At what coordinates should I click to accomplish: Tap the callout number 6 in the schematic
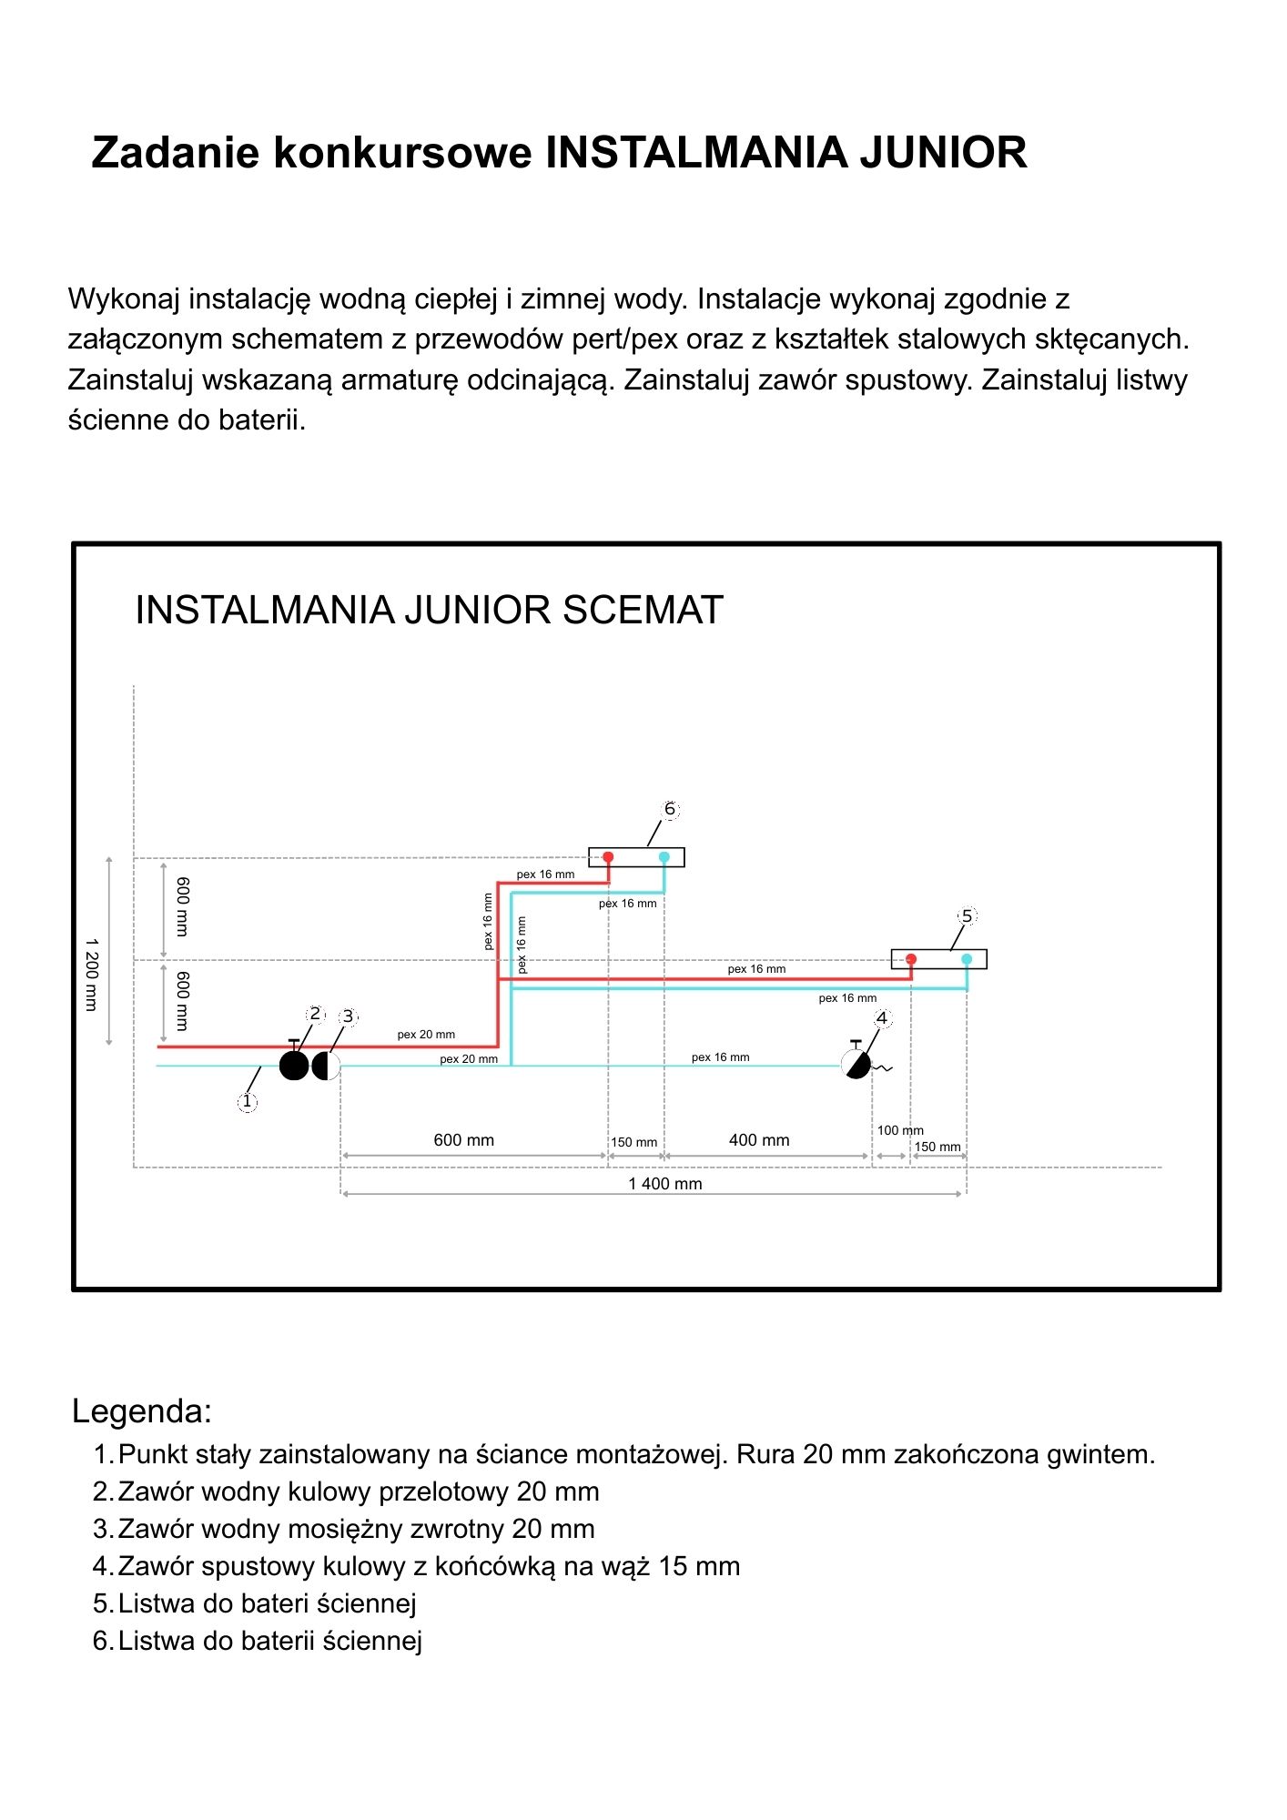click(670, 809)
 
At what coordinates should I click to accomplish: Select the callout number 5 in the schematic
click(967, 915)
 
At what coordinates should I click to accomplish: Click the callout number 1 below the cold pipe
click(247, 1102)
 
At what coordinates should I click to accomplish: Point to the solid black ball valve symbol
click(294, 1064)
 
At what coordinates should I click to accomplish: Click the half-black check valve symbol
click(326, 1066)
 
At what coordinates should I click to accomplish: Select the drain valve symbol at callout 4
click(857, 1061)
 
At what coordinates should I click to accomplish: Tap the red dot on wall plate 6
click(608, 857)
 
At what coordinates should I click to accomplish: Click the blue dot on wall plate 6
click(664, 857)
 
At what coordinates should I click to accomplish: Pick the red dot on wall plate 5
click(911, 959)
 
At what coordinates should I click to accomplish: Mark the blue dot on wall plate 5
click(967, 959)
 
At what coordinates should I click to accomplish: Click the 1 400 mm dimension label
click(665, 1184)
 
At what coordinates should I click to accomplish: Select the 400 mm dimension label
click(759, 1140)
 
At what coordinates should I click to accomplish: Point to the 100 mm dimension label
click(900, 1130)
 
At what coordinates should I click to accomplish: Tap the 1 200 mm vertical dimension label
click(91, 975)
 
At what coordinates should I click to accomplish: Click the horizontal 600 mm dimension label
click(463, 1140)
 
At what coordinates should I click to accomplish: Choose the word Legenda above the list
click(142, 1411)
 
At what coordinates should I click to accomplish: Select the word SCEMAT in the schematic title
click(643, 610)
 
